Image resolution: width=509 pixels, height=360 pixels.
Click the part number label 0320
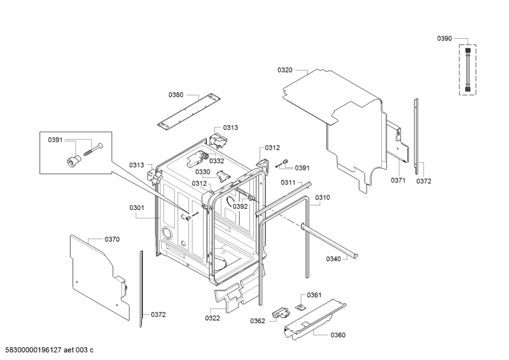(284, 70)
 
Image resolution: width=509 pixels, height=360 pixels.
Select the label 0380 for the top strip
(176, 95)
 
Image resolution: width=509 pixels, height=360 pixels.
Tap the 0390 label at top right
(444, 39)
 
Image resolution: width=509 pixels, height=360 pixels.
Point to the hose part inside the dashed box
(468, 69)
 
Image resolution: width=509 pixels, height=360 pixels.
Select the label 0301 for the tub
(137, 208)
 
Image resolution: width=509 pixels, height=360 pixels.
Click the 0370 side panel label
(112, 240)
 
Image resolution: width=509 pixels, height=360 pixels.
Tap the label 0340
(333, 259)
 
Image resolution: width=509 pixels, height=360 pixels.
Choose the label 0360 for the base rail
(338, 335)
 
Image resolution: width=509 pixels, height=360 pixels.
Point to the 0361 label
(314, 295)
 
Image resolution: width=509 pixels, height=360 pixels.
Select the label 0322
(213, 319)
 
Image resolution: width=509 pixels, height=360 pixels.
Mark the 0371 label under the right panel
(398, 181)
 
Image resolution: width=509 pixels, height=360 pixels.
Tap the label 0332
(216, 162)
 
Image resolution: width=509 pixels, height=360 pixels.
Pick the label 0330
(202, 172)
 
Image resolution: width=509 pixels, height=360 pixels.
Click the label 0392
(241, 207)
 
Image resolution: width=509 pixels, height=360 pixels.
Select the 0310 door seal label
(323, 198)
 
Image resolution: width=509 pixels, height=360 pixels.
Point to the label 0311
(288, 183)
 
